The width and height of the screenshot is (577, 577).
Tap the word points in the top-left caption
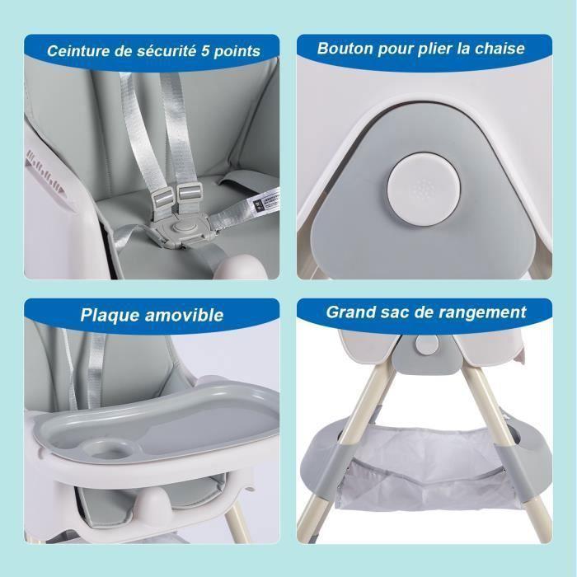[240, 51]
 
